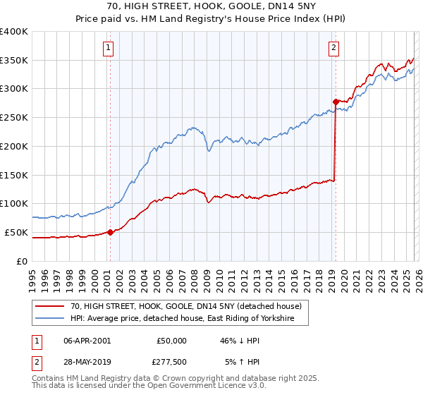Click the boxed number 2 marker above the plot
click(333, 48)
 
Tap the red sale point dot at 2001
click(110, 232)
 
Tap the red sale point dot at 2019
click(336, 102)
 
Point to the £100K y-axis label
click(14, 203)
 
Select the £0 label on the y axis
click(23, 261)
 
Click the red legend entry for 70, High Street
click(186, 306)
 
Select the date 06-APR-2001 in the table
click(87, 341)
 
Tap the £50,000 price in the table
click(172, 341)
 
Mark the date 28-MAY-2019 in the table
click(87, 362)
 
